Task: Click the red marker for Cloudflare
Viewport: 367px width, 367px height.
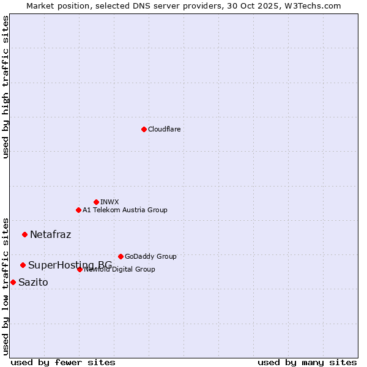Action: [144, 129]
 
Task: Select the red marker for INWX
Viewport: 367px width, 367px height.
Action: [96, 202]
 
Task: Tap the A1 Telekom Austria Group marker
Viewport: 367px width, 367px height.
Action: [78, 210]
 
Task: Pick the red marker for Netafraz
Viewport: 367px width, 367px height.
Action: [24, 234]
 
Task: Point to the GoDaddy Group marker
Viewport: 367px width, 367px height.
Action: [120, 256]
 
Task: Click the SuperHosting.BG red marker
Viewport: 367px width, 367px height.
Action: [23, 265]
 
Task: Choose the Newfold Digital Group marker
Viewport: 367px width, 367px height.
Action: [80, 269]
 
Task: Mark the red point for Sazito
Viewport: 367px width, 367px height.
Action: [13, 282]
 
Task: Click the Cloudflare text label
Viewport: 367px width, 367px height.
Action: [165, 129]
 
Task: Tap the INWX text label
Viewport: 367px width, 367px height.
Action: [109, 202]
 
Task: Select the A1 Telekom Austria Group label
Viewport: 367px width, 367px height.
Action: [125, 210]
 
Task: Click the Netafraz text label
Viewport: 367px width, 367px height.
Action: [50, 234]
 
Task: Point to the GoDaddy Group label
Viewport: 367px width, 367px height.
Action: [150, 256]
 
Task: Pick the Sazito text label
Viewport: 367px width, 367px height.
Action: [33, 282]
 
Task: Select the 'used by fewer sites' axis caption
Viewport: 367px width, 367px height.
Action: [63, 362]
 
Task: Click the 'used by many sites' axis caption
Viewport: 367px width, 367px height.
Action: [307, 362]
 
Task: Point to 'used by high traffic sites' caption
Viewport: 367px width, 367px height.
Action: [6, 87]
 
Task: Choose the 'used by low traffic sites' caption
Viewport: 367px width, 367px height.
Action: [6, 286]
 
